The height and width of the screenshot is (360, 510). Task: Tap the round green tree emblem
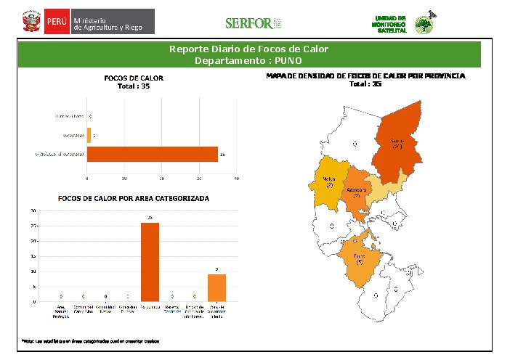[x=422, y=25]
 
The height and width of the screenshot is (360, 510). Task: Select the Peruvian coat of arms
[x=31, y=22]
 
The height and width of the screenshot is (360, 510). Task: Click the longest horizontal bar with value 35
[x=153, y=154]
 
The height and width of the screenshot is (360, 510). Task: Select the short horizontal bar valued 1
[x=89, y=134]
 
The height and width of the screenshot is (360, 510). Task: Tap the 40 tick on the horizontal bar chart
[x=237, y=178]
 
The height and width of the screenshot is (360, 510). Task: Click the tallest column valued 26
[x=150, y=261]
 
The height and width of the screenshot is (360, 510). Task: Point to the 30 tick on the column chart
[x=33, y=210]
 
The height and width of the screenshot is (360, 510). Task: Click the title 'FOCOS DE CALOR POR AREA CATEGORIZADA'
[x=133, y=197]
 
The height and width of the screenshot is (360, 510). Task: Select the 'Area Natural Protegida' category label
[x=61, y=312]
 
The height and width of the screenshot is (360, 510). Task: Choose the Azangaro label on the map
[x=355, y=192]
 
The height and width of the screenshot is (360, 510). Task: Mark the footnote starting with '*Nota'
[x=90, y=340]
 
